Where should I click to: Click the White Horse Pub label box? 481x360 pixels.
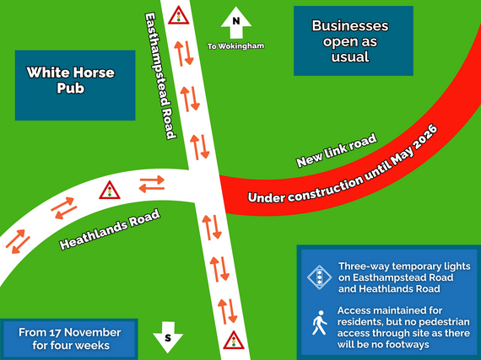tap(75, 84)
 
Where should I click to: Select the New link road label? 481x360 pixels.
tap(337, 149)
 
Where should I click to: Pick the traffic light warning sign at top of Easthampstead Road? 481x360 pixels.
tap(178, 15)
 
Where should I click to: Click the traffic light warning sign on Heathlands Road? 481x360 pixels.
tap(109, 190)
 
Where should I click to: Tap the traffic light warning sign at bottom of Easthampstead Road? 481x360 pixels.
tap(234, 341)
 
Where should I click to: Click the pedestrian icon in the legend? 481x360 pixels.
tap(319, 322)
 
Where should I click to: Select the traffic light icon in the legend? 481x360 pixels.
tap(318, 276)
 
